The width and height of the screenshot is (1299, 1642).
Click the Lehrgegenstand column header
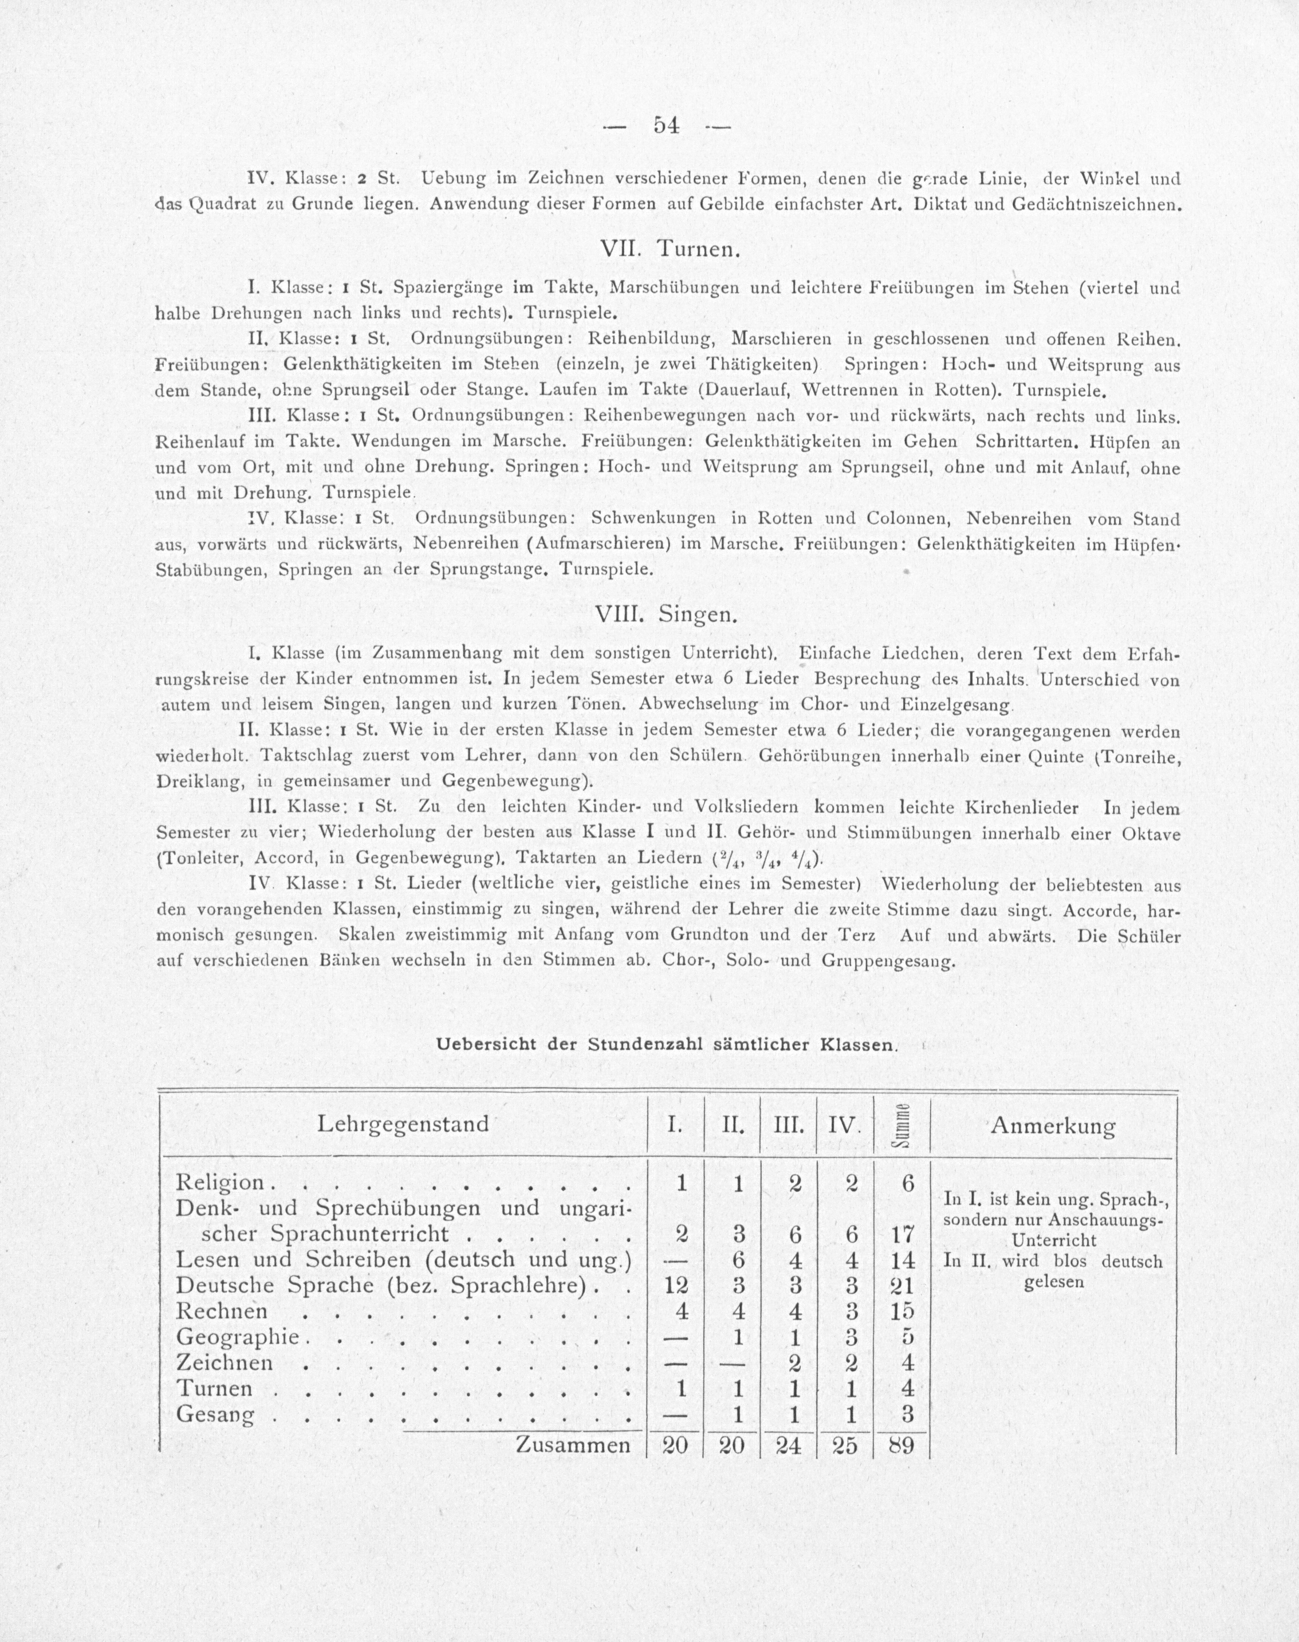tap(403, 1124)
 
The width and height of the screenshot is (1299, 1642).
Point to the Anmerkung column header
tap(1053, 1127)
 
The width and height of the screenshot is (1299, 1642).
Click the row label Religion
tap(220, 1183)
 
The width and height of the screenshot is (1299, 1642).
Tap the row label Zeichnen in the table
tap(225, 1363)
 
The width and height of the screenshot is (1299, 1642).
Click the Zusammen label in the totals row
tap(573, 1445)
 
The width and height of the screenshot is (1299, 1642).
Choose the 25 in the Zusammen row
tap(844, 1445)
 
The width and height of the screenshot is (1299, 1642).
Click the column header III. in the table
tap(788, 1125)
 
